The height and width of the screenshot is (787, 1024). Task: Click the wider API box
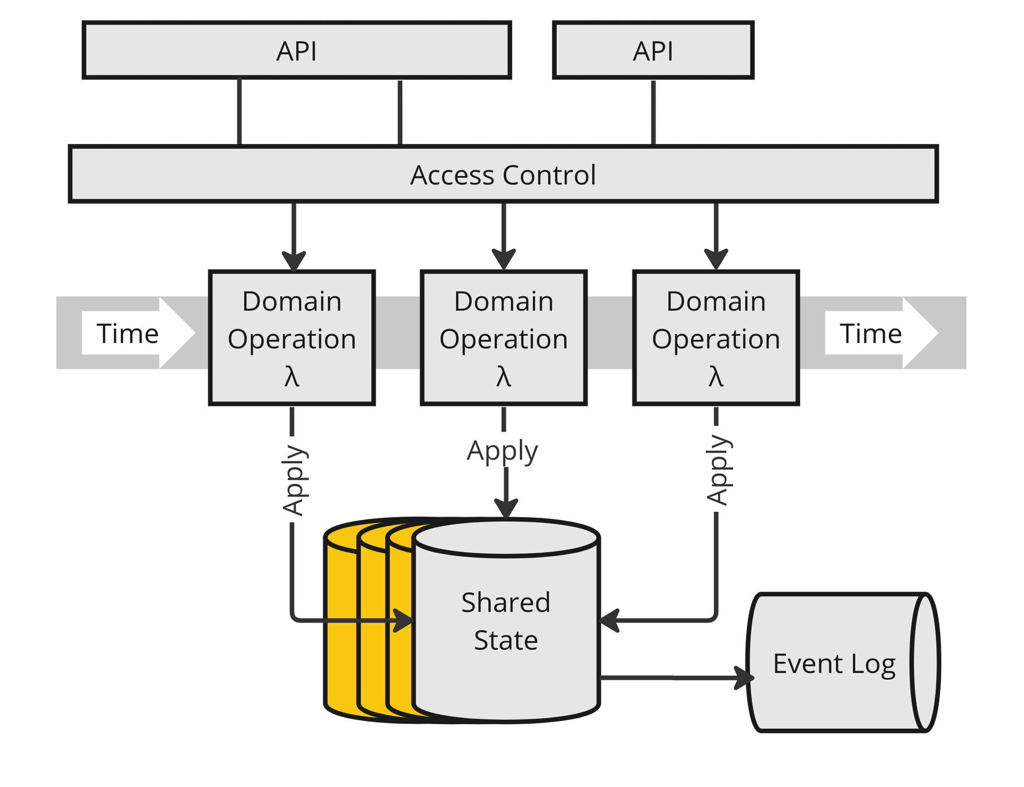(x=297, y=51)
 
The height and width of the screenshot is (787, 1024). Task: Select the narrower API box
(x=653, y=51)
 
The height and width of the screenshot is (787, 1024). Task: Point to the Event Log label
(x=833, y=664)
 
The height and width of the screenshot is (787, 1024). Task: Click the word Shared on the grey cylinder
(x=505, y=602)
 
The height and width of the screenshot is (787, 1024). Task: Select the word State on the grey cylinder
(x=505, y=640)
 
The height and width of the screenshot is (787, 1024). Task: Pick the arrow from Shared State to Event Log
(x=676, y=677)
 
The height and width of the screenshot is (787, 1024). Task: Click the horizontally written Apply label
(x=502, y=451)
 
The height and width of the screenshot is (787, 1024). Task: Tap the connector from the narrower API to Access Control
(x=653, y=111)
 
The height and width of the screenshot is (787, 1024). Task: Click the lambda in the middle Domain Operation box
(x=504, y=377)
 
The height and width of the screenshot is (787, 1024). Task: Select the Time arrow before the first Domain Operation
(x=137, y=333)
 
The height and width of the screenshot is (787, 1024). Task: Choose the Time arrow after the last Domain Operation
(x=880, y=333)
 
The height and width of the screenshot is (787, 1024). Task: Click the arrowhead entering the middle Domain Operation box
(x=504, y=258)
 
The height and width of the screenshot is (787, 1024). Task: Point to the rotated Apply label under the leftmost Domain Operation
(x=293, y=480)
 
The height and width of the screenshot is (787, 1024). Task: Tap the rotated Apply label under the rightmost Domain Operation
(x=717, y=469)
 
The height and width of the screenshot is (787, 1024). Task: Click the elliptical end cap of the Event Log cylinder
(x=926, y=662)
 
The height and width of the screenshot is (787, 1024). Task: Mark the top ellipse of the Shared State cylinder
(x=505, y=538)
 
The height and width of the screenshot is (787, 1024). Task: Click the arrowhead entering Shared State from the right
(x=609, y=620)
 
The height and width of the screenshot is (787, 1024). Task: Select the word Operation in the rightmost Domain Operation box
(x=716, y=339)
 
